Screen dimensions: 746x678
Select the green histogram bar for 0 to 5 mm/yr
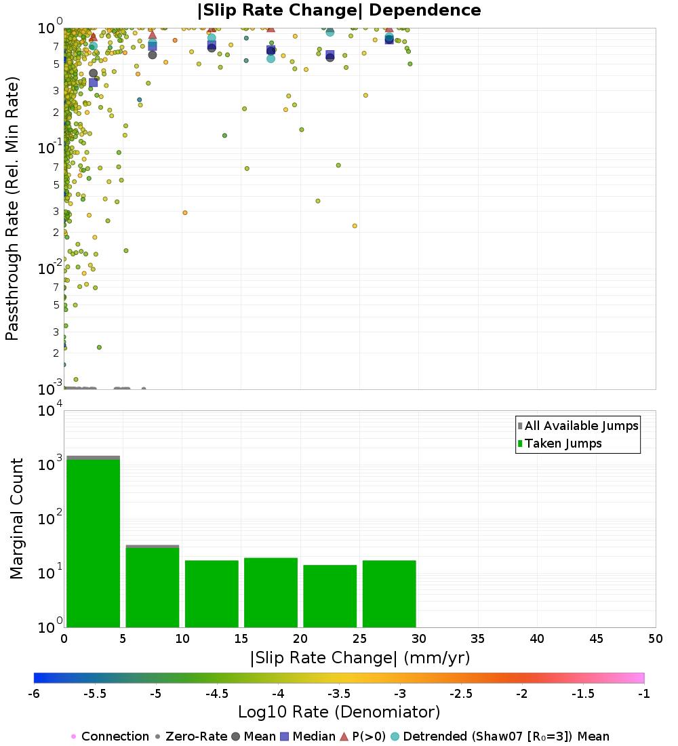pyautogui.click(x=94, y=543)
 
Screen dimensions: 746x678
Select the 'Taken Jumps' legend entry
pyautogui.click(x=563, y=444)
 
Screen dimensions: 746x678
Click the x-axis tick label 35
pyautogui.click(x=478, y=639)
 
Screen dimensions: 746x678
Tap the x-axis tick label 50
pyautogui.click(x=655, y=639)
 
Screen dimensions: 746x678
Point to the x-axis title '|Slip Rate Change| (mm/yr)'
pyautogui.click(x=359, y=658)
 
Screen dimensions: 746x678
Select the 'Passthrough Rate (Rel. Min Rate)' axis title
pyautogui.click(x=12, y=208)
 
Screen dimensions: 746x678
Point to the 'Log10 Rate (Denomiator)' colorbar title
pyautogui.click(x=339, y=712)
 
